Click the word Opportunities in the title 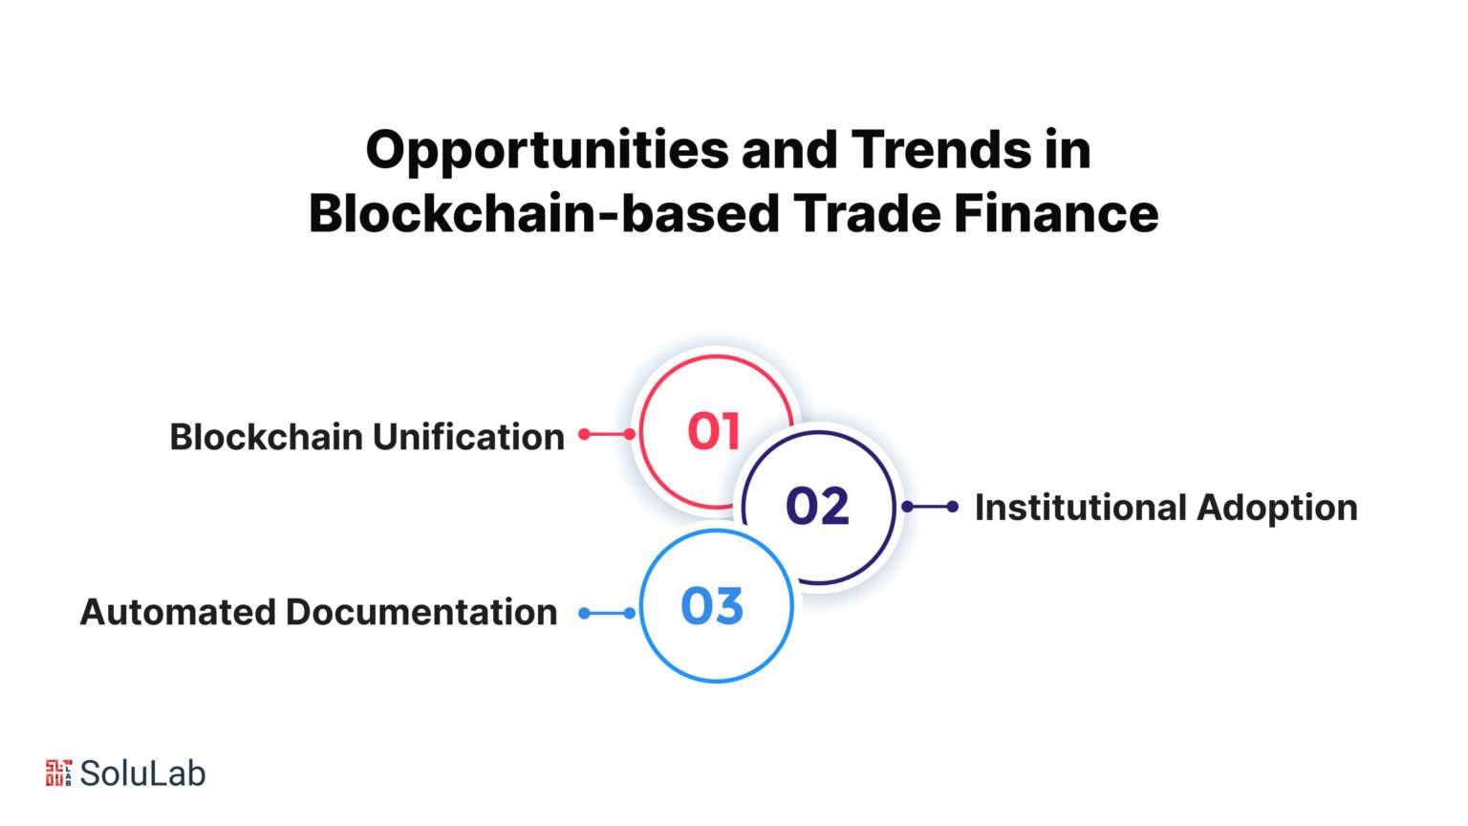coord(548,152)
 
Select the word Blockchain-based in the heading coord(544,213)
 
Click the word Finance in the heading coord(1056,213)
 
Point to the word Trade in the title coord(867,213)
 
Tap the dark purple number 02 coord(817,506)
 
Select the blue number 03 coord(712,605)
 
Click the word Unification coord(468,437)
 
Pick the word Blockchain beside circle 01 coord(266,437)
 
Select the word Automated coord(178,612)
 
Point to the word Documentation coord(421,612)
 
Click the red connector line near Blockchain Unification coord(607,434)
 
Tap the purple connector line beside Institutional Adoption coord(930,506)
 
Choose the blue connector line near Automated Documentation coord(607,613)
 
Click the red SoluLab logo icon coord(58,772)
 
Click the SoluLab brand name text coord(142,773)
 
